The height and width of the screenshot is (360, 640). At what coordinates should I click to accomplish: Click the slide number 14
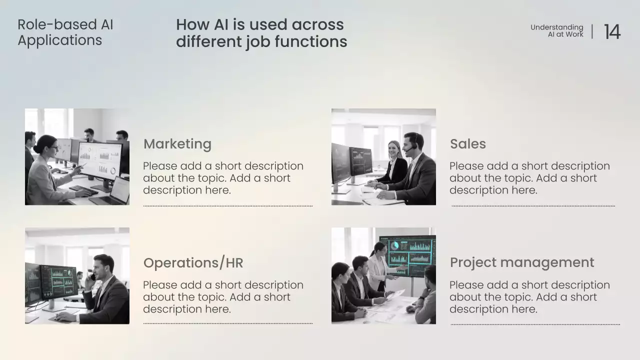pos(612,32)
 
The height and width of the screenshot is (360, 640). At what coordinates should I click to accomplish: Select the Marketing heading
pos(177,144)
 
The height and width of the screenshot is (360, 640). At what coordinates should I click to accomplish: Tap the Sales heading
pos(467,144)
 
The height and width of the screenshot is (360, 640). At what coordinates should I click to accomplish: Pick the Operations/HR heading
pos(193,263)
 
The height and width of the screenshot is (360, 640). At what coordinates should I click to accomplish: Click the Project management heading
pos(521,262)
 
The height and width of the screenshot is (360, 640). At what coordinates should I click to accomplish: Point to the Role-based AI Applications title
pos(65,32)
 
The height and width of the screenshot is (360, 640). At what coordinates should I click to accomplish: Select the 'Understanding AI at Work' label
pos(556,30)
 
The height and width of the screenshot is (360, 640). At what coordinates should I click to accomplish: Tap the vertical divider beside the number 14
pos(592,31)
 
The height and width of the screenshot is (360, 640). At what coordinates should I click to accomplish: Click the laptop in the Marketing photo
pos(113,192)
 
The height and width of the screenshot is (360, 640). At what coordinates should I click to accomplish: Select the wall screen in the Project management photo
pos(407,255)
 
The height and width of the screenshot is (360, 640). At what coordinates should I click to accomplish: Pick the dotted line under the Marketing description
pos(227,205)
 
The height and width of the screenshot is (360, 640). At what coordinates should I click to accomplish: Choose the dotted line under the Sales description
pos(533,205)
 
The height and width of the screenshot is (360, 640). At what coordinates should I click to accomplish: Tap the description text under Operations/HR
pos(223,297)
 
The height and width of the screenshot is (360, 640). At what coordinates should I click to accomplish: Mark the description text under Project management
pos(529,297)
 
